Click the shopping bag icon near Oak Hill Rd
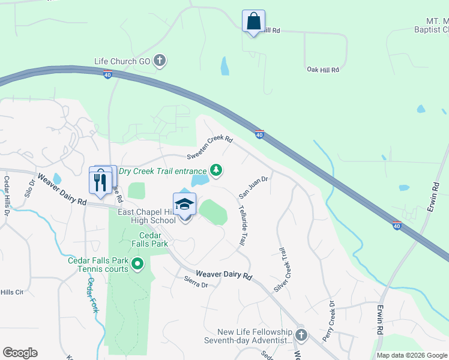253,22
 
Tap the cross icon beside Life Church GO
160,60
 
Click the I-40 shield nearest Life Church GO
107,75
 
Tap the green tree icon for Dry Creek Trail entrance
216,171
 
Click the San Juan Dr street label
253,187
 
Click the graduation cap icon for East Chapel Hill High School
185,205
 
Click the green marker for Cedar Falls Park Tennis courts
137,263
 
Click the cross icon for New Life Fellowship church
301,335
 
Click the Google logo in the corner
20,353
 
